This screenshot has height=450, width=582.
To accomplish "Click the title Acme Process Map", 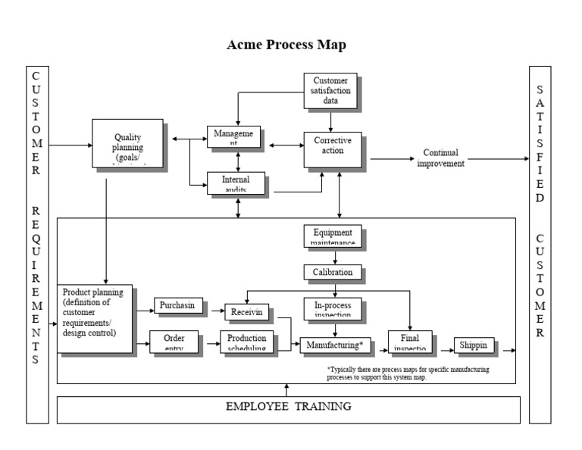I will (286, 45).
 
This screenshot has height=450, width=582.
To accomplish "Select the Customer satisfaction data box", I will (330, 90).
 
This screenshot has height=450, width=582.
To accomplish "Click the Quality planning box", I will (127, 143).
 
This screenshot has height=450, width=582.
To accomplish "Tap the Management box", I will (234, 136).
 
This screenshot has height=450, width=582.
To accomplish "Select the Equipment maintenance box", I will (332, 236).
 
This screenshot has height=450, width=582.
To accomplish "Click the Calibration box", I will (333, 272).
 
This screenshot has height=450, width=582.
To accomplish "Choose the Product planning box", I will (95, 318).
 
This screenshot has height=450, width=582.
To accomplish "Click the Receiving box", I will (246, 311).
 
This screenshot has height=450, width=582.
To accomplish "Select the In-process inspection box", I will (332, 308).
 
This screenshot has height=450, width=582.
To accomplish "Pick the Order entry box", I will (174, 342).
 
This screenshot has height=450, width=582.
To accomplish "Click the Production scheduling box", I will (246, 342).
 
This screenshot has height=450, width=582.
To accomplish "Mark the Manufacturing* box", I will (335, 345).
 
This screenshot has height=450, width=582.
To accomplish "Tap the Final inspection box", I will (409, 342).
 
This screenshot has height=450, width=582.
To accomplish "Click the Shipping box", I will (474, 345).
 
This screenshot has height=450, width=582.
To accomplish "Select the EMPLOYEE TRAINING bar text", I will (288, 407).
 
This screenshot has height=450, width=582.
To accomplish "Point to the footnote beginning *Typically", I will (408, 373).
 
